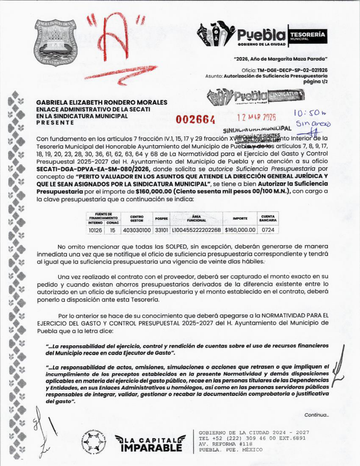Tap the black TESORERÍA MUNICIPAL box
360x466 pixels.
pos(307,36)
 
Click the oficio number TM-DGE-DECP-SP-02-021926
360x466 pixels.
pos(292,70)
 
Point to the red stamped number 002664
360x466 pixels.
pos(195,119)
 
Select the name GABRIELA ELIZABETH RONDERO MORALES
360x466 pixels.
pos(102,103)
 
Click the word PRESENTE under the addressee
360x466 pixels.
pos(55,123)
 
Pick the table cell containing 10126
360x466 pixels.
pos(95,230)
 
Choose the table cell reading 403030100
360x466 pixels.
pos(137,230)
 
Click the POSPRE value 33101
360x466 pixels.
pos(162,230)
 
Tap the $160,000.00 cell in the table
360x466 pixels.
pos(240,230)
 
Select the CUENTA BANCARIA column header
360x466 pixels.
pos(268,218)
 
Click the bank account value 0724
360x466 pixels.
pos(268,230)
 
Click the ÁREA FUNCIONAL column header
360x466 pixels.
pos(196,218)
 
